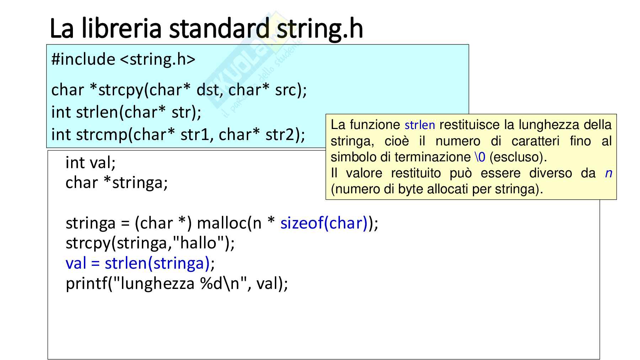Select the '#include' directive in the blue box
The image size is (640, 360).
click(83, 59)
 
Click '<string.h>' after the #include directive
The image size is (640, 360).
click(158, 59)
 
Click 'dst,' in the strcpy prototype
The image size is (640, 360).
click(210, 90)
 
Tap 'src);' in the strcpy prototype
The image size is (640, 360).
click(291, 90)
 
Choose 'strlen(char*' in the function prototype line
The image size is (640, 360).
click(121, 112)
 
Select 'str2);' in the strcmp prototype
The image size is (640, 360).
click(285, 135)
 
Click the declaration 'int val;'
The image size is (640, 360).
click(91, 163)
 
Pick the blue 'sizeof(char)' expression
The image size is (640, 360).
click(324, 223)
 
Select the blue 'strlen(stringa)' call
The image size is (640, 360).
click(157, 264)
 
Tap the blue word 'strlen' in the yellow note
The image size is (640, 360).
click(420, 125)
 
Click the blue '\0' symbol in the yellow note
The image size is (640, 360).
click(480, 157)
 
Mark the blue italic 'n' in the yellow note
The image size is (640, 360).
click(608, 173)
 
